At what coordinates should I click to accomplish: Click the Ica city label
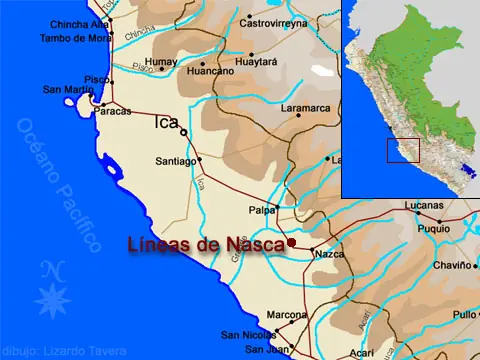(x=166, y=124)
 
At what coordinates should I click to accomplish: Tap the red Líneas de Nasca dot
(x=291, y=242)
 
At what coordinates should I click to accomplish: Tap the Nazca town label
(x=329, y=255)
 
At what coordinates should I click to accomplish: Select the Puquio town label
(x=433, y=228)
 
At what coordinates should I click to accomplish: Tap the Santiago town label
(x=175, y=160)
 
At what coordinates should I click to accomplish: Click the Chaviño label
(x=451, y=265)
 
